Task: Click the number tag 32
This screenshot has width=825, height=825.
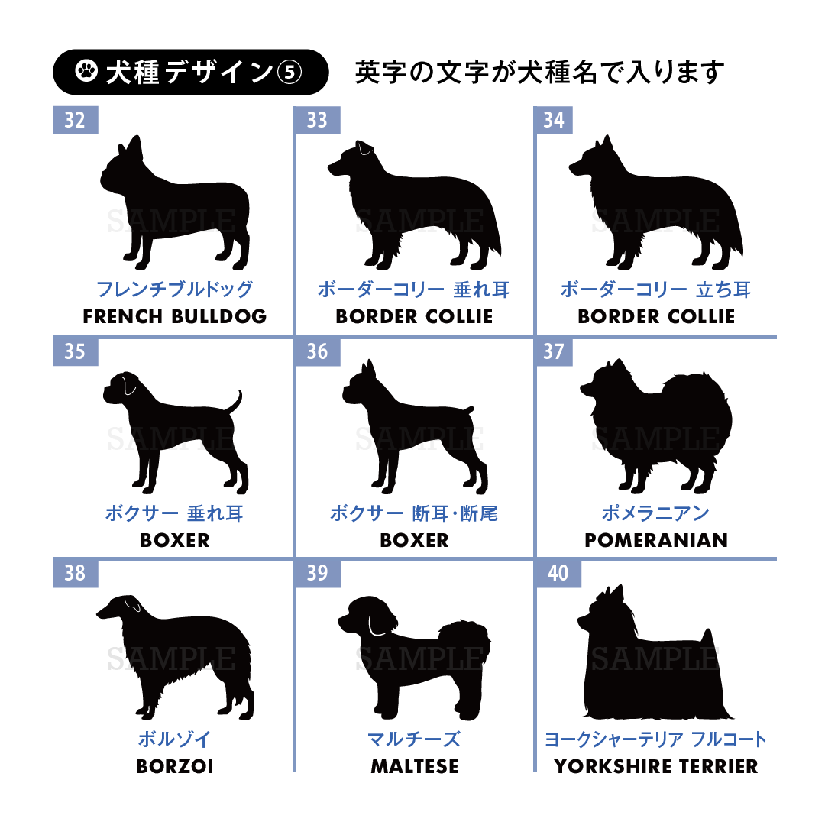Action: coord(75,120)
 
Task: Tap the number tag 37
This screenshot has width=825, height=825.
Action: coord(554,351)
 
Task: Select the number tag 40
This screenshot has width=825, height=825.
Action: coord(558,573)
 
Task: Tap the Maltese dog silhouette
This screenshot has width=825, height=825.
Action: coord(416,658)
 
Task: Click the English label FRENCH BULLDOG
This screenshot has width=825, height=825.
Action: coord(175,317)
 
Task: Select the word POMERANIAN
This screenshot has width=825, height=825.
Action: coord(656,540)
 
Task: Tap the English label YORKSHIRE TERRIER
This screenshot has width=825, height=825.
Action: coord(656,767)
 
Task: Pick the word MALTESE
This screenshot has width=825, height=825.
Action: coord(415,767)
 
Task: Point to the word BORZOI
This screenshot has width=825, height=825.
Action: coord(175,767)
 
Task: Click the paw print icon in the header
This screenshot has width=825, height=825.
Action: coord(86,71)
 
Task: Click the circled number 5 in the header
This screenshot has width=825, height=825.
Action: coord(290,72)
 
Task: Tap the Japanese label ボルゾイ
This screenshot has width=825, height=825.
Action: coord(175,739)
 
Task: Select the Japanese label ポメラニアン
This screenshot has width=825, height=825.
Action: coord(656,513)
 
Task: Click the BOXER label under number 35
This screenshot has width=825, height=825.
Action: coord(175,540)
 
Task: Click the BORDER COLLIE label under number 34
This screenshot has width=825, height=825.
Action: coord(656,317)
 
